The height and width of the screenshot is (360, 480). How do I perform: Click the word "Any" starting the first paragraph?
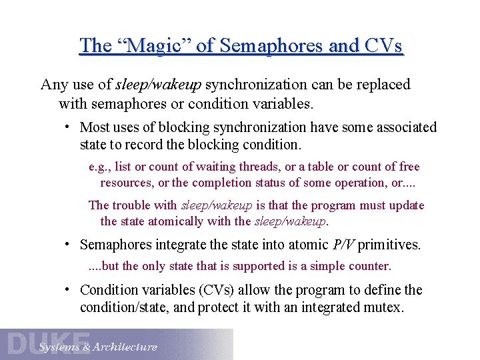pos(53,85)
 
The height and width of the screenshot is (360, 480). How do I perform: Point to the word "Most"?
pos(95,127)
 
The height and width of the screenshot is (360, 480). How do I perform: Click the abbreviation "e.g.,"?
pos(100,167)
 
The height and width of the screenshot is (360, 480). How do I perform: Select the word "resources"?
pos(127,183)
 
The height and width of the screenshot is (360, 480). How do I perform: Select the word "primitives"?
pos(389,245)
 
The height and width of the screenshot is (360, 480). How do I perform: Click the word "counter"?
pos(368,266)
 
